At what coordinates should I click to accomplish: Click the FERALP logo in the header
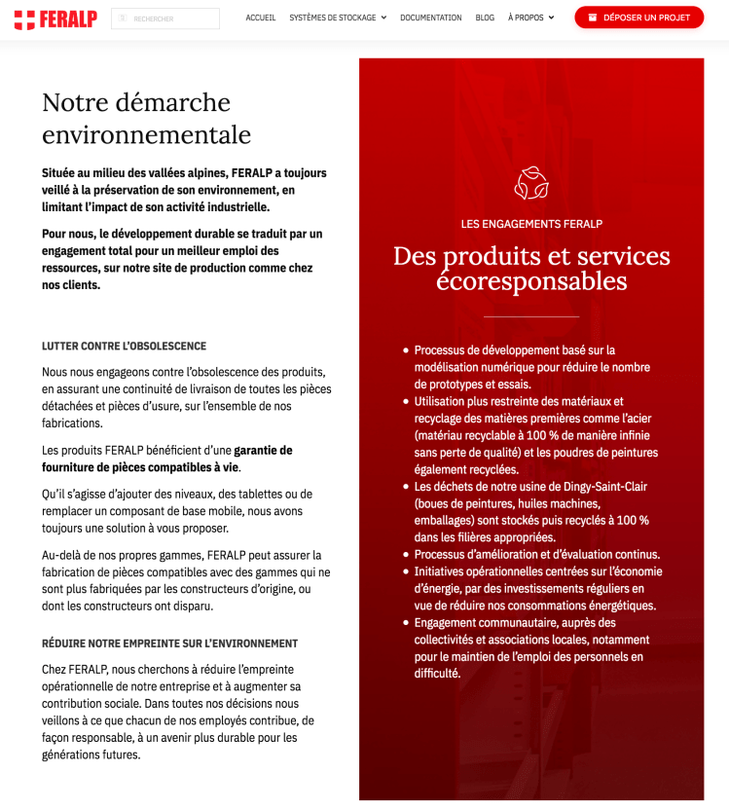[55, 18]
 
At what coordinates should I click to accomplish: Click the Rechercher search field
[165, 18]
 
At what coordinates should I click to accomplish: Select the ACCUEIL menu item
[261, 18]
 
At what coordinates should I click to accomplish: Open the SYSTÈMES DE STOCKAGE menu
[332, 18]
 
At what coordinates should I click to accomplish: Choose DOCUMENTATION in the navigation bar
[430, 18]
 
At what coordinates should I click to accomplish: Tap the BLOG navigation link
[485, 18]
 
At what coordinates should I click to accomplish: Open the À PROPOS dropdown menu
[530, 18]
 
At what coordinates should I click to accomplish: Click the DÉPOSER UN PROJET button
[638, 18]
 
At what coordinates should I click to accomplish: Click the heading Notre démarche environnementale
[146, 118]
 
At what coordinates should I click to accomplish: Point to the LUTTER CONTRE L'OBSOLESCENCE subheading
[124, 346]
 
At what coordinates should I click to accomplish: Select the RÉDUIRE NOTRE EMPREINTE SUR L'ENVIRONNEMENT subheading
[169, 644]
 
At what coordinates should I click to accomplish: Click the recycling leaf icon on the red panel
[531, 183]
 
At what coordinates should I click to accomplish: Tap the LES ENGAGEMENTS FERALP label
[531, 224]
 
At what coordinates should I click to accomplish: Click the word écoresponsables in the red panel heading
[531, 281]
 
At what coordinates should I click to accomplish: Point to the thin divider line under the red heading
[531, 316]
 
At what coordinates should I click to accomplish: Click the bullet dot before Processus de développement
[405, 350]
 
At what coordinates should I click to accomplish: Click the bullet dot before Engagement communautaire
[405, 623]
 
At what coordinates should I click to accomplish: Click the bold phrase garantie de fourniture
[263, 450]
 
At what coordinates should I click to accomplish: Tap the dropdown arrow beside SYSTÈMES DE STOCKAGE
[383, 18]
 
